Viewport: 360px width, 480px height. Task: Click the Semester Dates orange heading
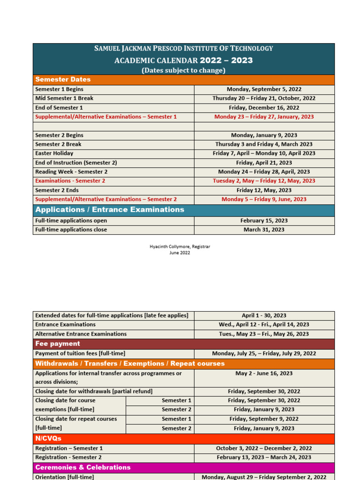pyautogui.click(x=63, y=80)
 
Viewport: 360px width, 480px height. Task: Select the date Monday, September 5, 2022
pyautogui.click(x=264, y=89)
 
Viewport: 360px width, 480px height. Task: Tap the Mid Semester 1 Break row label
pyautogui.click(x=64, y=98)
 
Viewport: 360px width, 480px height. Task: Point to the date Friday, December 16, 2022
pyautogui.click(x=264, y=107)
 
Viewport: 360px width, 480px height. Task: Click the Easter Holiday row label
pyautogui.click(x=54, y=153)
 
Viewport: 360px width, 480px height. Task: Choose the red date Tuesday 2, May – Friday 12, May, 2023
pyautogui.click(x=264, y=181)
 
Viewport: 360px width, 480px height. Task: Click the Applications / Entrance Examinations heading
pyautogui.click(x=110, y=210)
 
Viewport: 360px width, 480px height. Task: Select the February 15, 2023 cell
pyautogui.click(x=264, y=220)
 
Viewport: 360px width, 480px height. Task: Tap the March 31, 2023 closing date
pyautogui.click(x=264, y=230)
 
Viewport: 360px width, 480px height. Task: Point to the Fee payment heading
pyautogui.click(x=58, y=344)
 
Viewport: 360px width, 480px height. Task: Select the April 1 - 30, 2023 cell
pyautogui.click(x=264, y=315)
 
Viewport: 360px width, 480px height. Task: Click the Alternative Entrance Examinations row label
pyautogui.click(x=81, y=334)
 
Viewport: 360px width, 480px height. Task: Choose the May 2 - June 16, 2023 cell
pyautogui.click(x=264, y=373)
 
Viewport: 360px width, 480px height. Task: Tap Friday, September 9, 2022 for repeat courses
pyautogui.click(x=264, y=419)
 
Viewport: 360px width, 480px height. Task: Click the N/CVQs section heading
pyautogui.click(x=48, y=438)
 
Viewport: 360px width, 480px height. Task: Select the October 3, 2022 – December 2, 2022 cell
pyautogui.click(x=264, y=448)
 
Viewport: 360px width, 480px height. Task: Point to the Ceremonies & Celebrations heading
pyautogui.click(x=83, y=467)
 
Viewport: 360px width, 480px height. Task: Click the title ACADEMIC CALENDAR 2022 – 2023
pyautogui.click(x=184, y=60)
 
